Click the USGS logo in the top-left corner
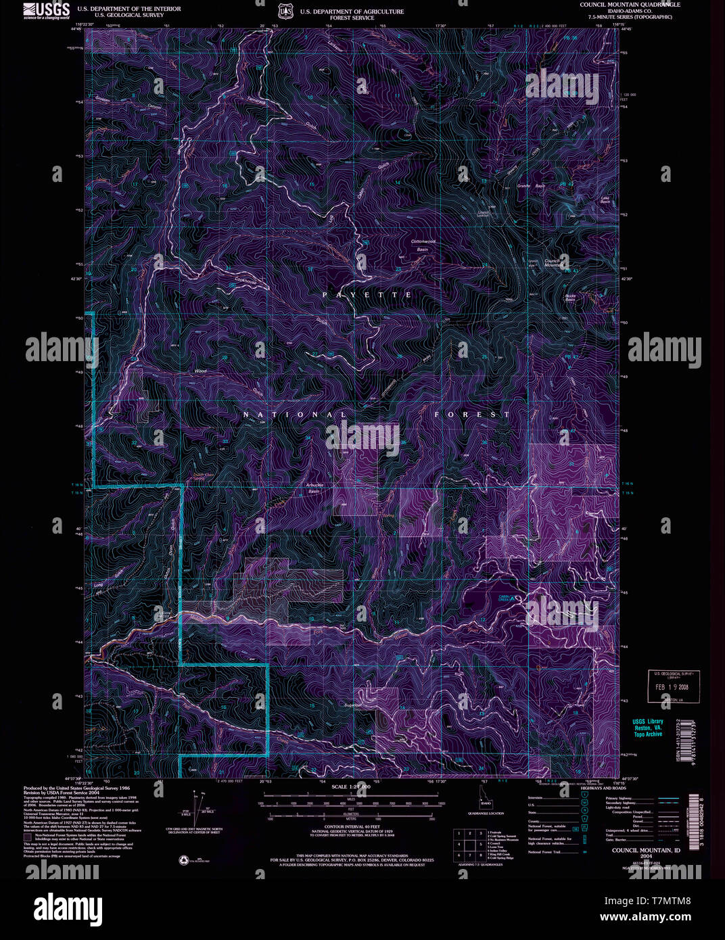click(46, 10)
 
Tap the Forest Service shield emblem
click(285, 11)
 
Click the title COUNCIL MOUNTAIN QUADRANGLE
click(630, 5)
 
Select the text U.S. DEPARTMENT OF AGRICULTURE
click(352, 11)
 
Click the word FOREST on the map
click(472, 414)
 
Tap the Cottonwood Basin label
click(423, 245)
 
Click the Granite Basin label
click(531, 185)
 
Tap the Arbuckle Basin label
click(314, 488)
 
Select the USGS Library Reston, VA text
click(647, 727)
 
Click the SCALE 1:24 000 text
click(350, 787)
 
